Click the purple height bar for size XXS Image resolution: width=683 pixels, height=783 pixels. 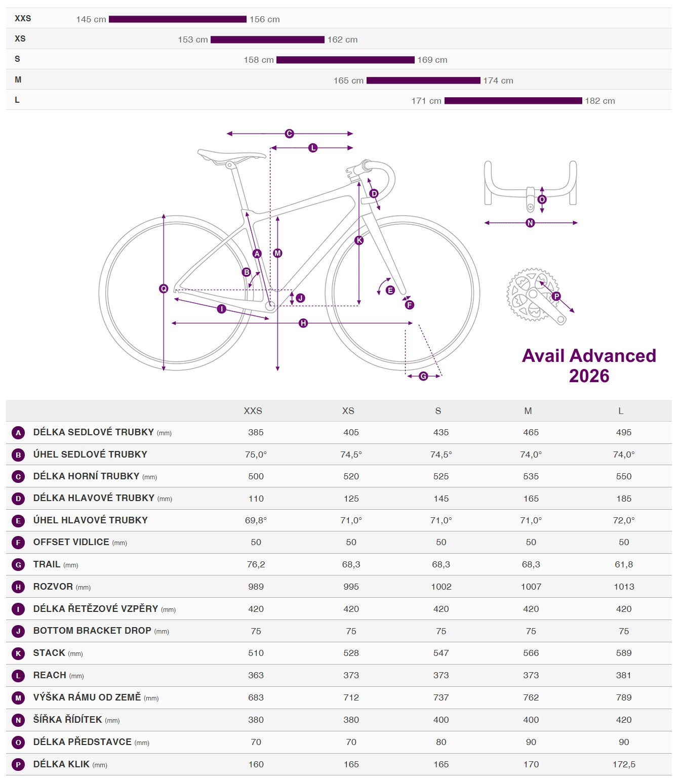click(x=177, y=19)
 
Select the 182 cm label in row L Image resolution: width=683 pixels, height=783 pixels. click(x=599, y=101)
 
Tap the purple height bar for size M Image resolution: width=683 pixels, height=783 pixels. click(x=423, y=80)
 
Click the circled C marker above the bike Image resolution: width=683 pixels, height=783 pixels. click(x=289, y=134)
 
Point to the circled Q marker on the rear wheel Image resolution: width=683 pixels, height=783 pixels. click(x=164, y=289)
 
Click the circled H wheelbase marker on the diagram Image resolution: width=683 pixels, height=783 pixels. click(x=303, y=323)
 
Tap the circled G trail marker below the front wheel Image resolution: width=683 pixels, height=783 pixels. click(x=423, y=376)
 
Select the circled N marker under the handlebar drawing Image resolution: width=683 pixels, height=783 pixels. click(x=530, y=223)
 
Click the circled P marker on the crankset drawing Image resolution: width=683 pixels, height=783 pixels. click(x=556, y=296)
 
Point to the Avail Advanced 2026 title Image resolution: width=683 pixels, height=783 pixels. click(x=589, y=365)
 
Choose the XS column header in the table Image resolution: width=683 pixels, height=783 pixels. click(x=348, y=410)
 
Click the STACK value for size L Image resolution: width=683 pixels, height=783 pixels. click(x=624, y=653)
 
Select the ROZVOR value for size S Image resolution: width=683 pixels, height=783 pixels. click(x=441, y=587)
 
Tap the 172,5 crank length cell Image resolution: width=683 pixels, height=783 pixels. click(x=624, y=764)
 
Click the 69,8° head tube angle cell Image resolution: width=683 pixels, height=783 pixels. click(x=256, y=520)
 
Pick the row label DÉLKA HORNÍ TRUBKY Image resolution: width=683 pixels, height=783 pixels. click(x=86, y=476)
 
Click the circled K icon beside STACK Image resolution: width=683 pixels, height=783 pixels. click(x=18, y=653)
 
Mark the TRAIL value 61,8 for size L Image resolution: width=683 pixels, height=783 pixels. click(x=624, y=564)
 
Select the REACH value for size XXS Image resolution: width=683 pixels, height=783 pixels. click(x=256, y=675)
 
